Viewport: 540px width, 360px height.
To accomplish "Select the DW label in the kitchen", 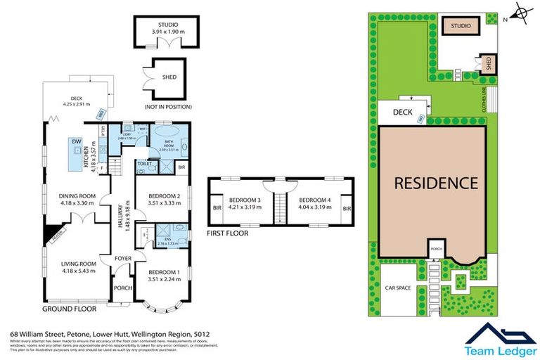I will (75, 142).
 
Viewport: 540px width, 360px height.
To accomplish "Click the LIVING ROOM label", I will (77, 267).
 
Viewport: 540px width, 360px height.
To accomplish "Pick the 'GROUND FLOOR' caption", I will (70, 309).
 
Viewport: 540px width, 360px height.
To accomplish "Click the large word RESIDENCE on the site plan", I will (435, 184).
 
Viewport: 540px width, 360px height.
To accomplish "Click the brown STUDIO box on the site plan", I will (461, 26).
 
